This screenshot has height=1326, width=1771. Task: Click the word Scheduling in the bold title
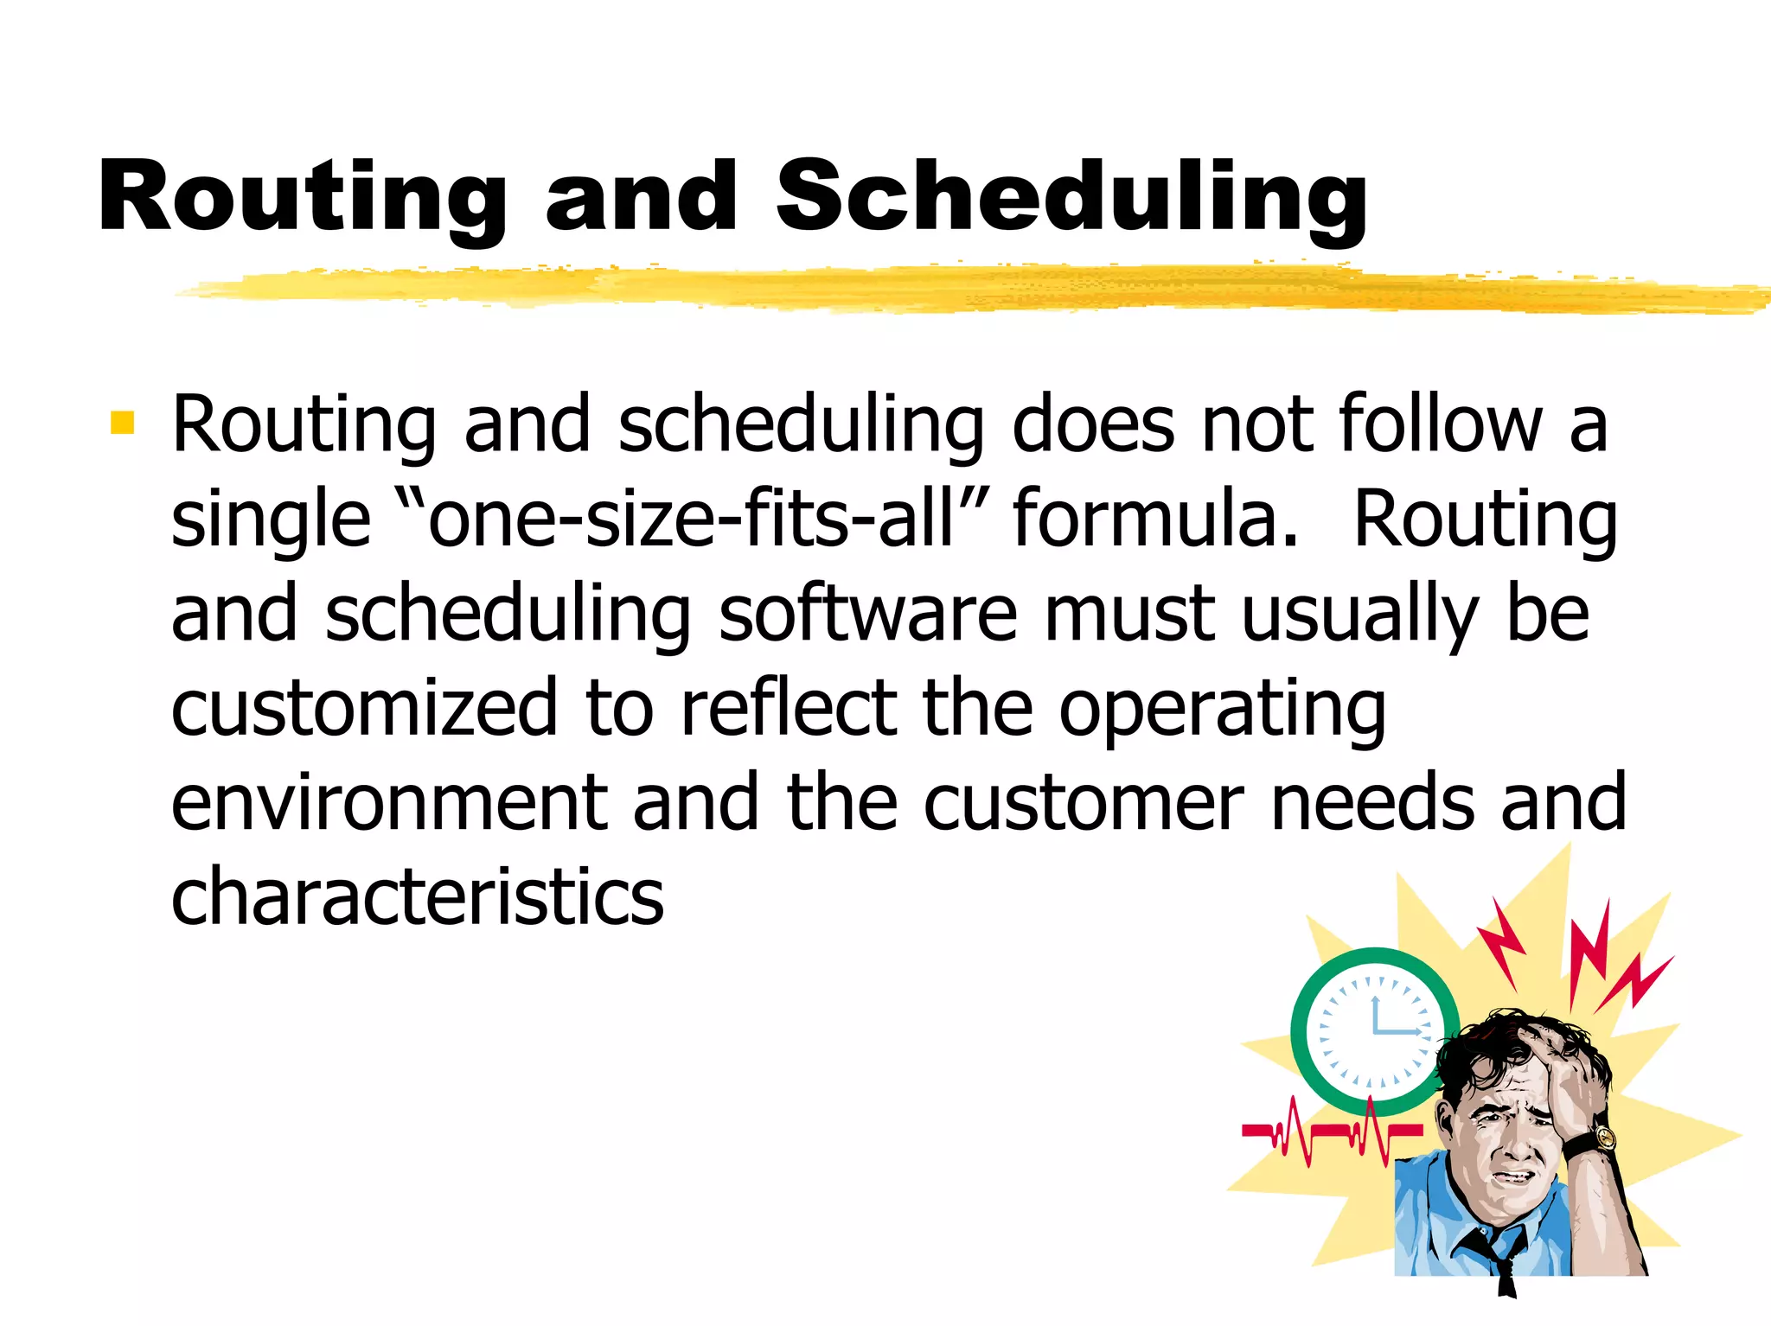point(1072,199)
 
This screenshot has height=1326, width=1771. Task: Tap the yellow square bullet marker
point(123,423)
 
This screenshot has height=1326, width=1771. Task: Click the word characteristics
point(418,896)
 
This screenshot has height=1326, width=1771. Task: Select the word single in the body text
point(271,520)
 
